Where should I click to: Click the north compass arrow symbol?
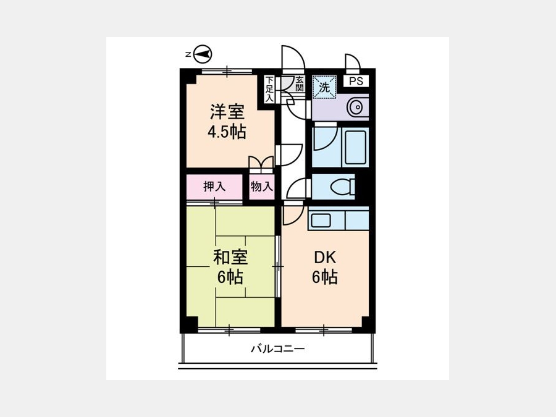point(203,54)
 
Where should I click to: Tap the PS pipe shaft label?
point(356,81)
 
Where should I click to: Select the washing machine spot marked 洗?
point(324,86)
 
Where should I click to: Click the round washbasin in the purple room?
point(356,106)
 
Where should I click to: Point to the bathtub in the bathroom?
point(356,147)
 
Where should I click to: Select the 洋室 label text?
point(227,112)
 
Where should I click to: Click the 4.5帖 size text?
point(227,132)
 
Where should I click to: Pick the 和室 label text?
point(230,257)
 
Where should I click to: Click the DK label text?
point(325,258)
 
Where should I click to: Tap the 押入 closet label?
point(214,187)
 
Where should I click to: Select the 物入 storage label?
point(262,187)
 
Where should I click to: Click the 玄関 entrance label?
point(300,83)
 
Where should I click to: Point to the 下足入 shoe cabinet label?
point(269,88)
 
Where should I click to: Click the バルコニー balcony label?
point(277,349)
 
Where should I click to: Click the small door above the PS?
point(354,59)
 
